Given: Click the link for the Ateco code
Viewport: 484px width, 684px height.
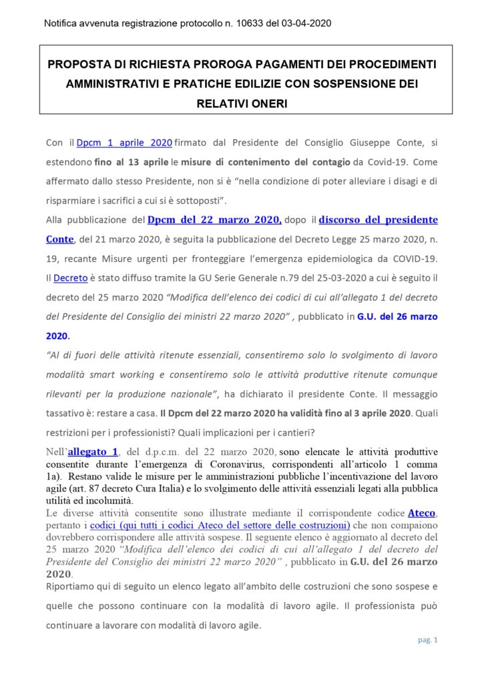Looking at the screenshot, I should tap(422, 512).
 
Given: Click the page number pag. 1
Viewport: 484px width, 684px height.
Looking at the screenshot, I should tap(428, 640).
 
